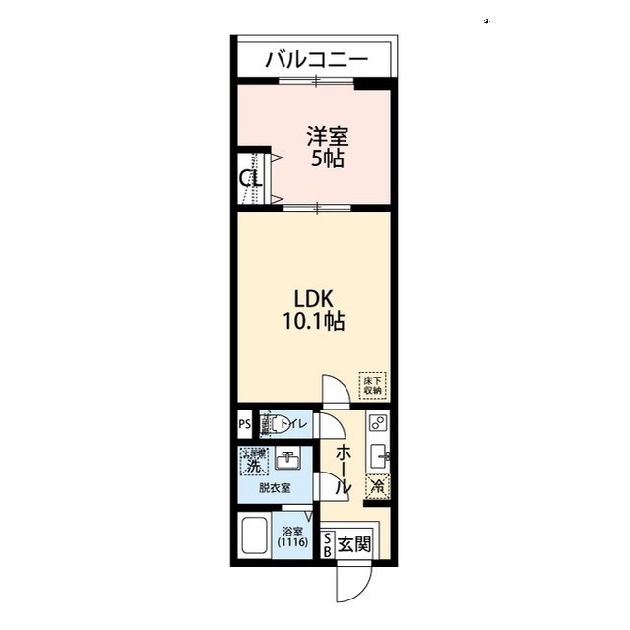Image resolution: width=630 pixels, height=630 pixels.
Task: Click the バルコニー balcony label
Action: click(x=316, y=59)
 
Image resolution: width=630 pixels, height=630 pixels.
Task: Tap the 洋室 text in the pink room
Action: click(x=327, y=136)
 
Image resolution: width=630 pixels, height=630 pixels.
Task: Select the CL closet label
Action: click(x=250, y=179)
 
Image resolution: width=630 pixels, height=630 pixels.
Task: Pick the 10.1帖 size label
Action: click(x=316, y=321)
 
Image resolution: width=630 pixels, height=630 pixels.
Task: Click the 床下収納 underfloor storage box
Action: click(x=372, y=385)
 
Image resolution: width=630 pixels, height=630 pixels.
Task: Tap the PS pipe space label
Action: click(x=243, y=425)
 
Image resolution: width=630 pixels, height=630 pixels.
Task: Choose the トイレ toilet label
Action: click(x=295, y=425)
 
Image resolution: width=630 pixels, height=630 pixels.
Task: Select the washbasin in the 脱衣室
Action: click(x=288, y=460)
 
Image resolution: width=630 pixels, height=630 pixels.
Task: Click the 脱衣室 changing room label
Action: click(x=275, y=488)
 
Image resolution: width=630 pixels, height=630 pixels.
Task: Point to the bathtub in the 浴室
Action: click(x=255, y=538)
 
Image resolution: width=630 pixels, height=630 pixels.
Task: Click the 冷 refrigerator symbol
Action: click(x=376, y=484)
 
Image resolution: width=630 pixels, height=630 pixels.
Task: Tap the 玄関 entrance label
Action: click(x=353, y=543)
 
